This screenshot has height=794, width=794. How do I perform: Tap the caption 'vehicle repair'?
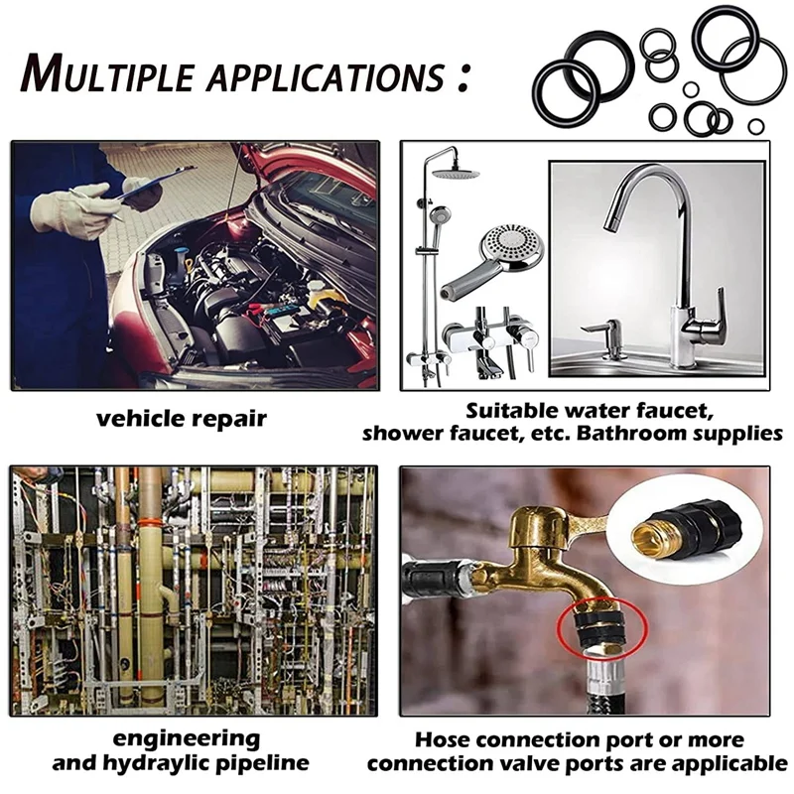click(x=182, y=419)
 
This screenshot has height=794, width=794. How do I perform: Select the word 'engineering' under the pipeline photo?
click(x=186, y=739)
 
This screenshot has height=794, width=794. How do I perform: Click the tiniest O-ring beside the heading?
click(x=756, y=126)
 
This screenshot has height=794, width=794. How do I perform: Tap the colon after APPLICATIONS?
click(x=463, y=77)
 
